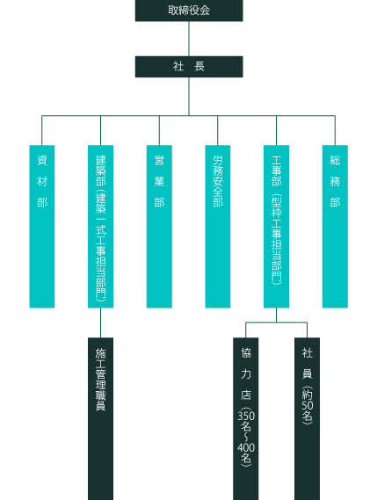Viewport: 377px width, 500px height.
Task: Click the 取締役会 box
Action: pyautogui.click(x=189, y=11)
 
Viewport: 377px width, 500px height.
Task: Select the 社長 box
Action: pyautogui.click(x=189, y=67)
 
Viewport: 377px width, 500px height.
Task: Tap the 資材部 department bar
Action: pyautogui.click(x=42, y=227)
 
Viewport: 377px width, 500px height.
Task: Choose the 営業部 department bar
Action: pyautogui.click(x=159, y=227)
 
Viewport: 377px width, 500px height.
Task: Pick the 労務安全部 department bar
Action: pyautogui.click(x=218, y=227)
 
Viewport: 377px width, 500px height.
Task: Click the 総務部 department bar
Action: pyautogui.click(x=335, y=227)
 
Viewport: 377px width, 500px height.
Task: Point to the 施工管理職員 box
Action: pyautogui.click(x=100, y=418)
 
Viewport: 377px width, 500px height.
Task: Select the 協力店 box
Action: pyautogui.click(x=245, y=418)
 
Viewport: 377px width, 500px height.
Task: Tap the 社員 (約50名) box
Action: pyautogui.click(x=307, y=418)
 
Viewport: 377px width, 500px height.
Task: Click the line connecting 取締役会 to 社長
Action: pyautogui.click(x=189, y=39)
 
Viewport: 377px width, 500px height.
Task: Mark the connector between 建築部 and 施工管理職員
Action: pyautogui.click(x=100, y=322)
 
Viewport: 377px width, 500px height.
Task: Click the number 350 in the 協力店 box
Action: pyautogui.click(x=246, y=416)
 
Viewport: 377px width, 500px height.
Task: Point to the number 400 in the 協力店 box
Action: pyautogui.click(x=246, y=447)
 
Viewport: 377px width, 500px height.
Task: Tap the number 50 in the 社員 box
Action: pyautogui.click(x=308, y=405)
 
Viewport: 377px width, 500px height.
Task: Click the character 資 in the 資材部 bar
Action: pyautogui.click(x=42, y=160)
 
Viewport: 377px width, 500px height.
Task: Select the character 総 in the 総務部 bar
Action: pyautogui.click(x=335, y=160)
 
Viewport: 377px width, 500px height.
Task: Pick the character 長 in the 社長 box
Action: pyautogui.click(x=199, y=67)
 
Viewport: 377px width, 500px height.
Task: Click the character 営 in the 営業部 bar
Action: pyautogui.click(x=159, y=160)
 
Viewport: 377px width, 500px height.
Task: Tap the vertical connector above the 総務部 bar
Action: pyautogui.click(x=335, y=130)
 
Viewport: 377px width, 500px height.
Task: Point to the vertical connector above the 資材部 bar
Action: pyautogui.click(x=42, y=130)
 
